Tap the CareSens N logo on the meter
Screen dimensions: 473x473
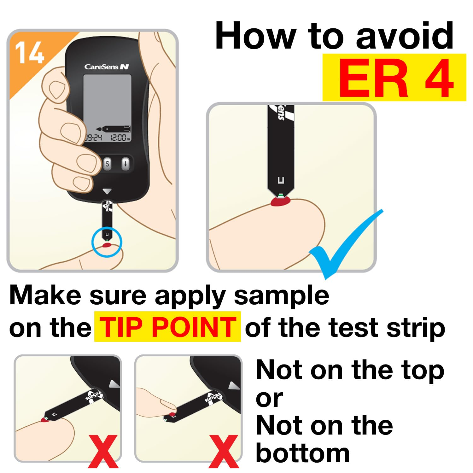[x=107, y=67]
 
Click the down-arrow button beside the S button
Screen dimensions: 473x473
[x=126, y=164]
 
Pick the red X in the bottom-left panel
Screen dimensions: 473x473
[x=103, y=451]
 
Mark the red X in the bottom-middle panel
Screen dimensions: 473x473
[x=224, y=451]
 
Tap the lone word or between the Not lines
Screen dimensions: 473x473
[x=270, y=399]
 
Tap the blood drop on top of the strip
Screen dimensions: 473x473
[x=172, y=413]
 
